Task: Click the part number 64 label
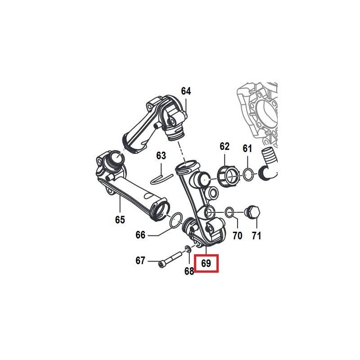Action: pyautogui.click(x=186, y=91)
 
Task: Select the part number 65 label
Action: pyautogui.click(x=120, y=220)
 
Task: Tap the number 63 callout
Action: pyautogui.click(x=161, y=155)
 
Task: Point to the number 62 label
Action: pyautogui.click(x=224, y=146)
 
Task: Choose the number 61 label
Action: pyautogui.click(x=247, y=148)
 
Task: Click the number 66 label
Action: pyautogui.click(x=140, y=235)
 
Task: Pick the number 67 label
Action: pyautogui.click(x=140, y=261)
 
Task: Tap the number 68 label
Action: pyautogui.click(x=189, y=271)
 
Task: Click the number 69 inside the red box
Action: pyautogui.click(x=206, y=263)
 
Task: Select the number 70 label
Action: pyautogui.click(x=238, y=235)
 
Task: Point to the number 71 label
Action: pyautogui.click(x=256, y=235)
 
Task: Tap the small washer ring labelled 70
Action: pyautogui.click(x=229, y=212)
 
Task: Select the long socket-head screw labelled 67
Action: pyautogui.click(x=171, y=260)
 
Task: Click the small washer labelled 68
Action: pyautogui.click(x=187, y=249)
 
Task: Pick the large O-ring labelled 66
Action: pyautogui.click(x=176, y=220)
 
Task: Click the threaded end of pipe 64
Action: pyautogui.click(x=175, y=135)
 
